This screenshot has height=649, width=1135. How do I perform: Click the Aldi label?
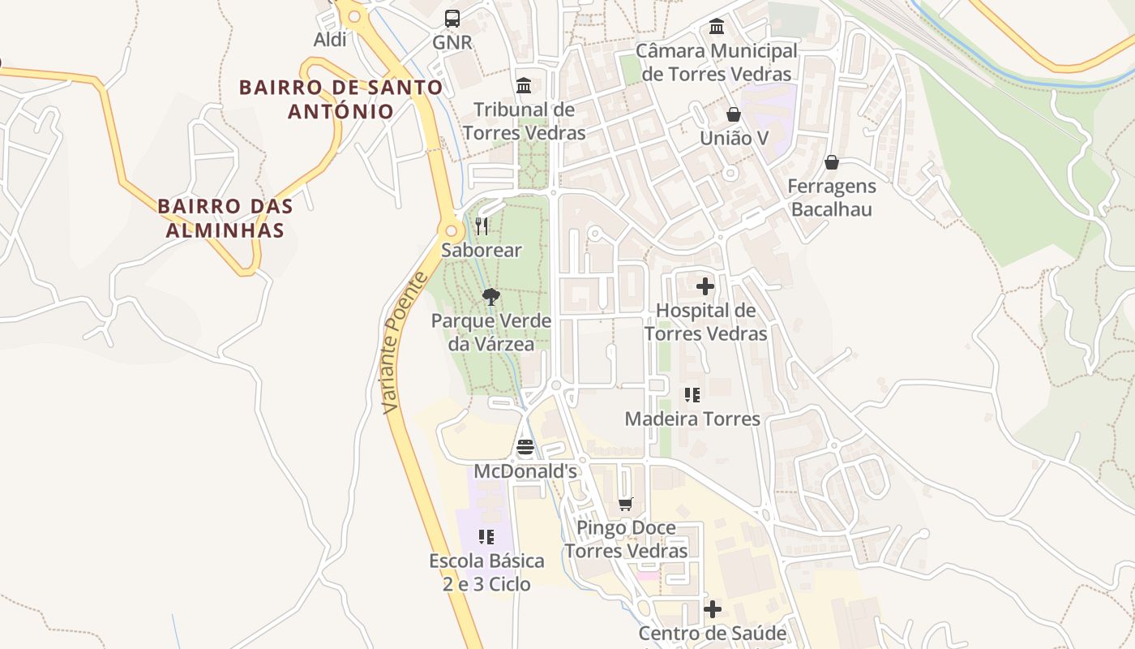click(330, 39)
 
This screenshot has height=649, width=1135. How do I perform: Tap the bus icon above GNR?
click(452, 18)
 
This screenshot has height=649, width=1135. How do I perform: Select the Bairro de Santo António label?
click(340, 99)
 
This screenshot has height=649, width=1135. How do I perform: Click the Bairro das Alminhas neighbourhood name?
click(225, 217)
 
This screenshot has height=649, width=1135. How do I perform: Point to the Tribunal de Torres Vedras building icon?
click(524, 85)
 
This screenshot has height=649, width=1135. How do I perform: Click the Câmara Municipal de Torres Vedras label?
click(717, 62)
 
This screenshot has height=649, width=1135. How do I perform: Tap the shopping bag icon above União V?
click(734, 114)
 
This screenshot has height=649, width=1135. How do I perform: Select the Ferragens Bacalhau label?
click(832, 197)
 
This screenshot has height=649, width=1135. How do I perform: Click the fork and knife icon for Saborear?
click(482, 226)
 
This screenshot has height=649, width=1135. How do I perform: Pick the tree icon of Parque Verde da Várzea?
click(490, 296)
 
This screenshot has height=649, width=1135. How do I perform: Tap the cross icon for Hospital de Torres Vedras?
click(705, 286)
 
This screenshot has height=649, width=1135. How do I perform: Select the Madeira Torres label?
click(692, 419)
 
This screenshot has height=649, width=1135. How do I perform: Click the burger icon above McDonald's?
click(525, 447)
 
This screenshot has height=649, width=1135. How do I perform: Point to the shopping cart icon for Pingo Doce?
click(625, 504)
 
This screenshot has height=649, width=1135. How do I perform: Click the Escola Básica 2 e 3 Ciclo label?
click(486, 572)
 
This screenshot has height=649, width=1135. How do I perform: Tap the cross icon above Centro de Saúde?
click(713, 608)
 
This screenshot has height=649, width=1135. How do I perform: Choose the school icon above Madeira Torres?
click(692, 395)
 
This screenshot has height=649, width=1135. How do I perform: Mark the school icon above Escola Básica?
click(486, 536)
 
